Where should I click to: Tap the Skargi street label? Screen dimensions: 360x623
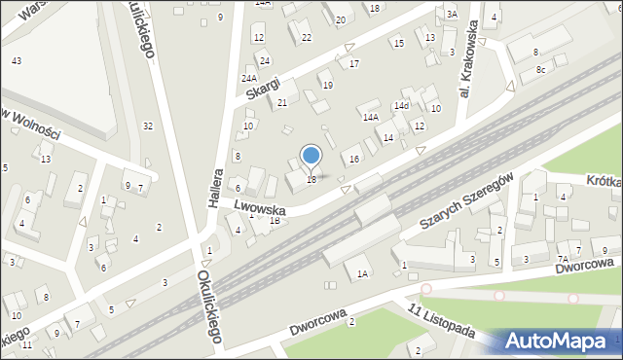point(263,86)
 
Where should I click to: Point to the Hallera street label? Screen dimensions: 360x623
point(215,185)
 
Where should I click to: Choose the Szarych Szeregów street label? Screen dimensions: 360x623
point(466,202)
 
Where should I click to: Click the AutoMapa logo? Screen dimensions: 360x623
point(558,341)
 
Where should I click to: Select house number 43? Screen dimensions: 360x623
point(17,61)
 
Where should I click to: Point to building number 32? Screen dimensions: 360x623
point(147,126)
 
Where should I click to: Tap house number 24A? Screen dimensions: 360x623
point(249,78)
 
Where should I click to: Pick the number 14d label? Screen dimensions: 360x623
point(400,105)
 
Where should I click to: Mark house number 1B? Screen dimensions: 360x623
point(275,220)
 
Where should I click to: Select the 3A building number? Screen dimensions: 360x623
point(451,15)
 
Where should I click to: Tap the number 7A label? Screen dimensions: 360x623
point(562,259)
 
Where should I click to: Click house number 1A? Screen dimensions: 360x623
point(362,273)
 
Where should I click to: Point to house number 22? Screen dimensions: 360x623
point(306,37)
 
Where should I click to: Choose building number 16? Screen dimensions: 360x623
point(354,159)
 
